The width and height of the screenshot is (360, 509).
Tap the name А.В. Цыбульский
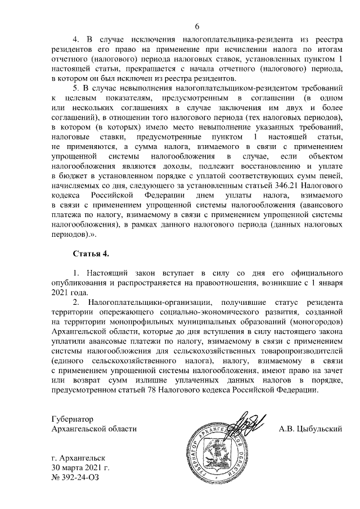pos(310,429)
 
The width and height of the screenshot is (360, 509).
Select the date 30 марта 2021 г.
pos(79,468)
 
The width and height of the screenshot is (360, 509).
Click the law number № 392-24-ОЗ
pos(78,478)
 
